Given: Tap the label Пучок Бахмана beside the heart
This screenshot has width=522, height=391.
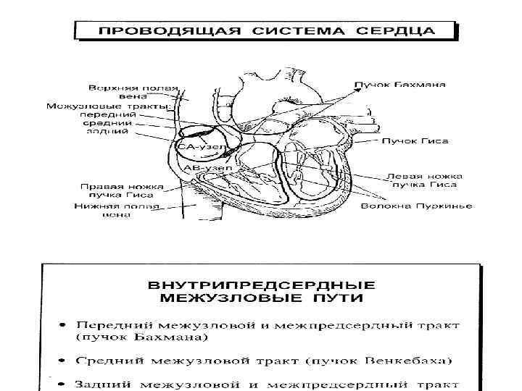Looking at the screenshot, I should tap(399, 85).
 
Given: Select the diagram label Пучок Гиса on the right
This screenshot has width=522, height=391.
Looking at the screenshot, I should tap(415, 140).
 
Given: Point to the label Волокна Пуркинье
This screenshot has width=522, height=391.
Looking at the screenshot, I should tap(416, 206).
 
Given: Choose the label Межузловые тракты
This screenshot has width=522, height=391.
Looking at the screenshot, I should tap(107, 106).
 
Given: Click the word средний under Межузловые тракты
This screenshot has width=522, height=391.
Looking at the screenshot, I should tap(111, 123).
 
